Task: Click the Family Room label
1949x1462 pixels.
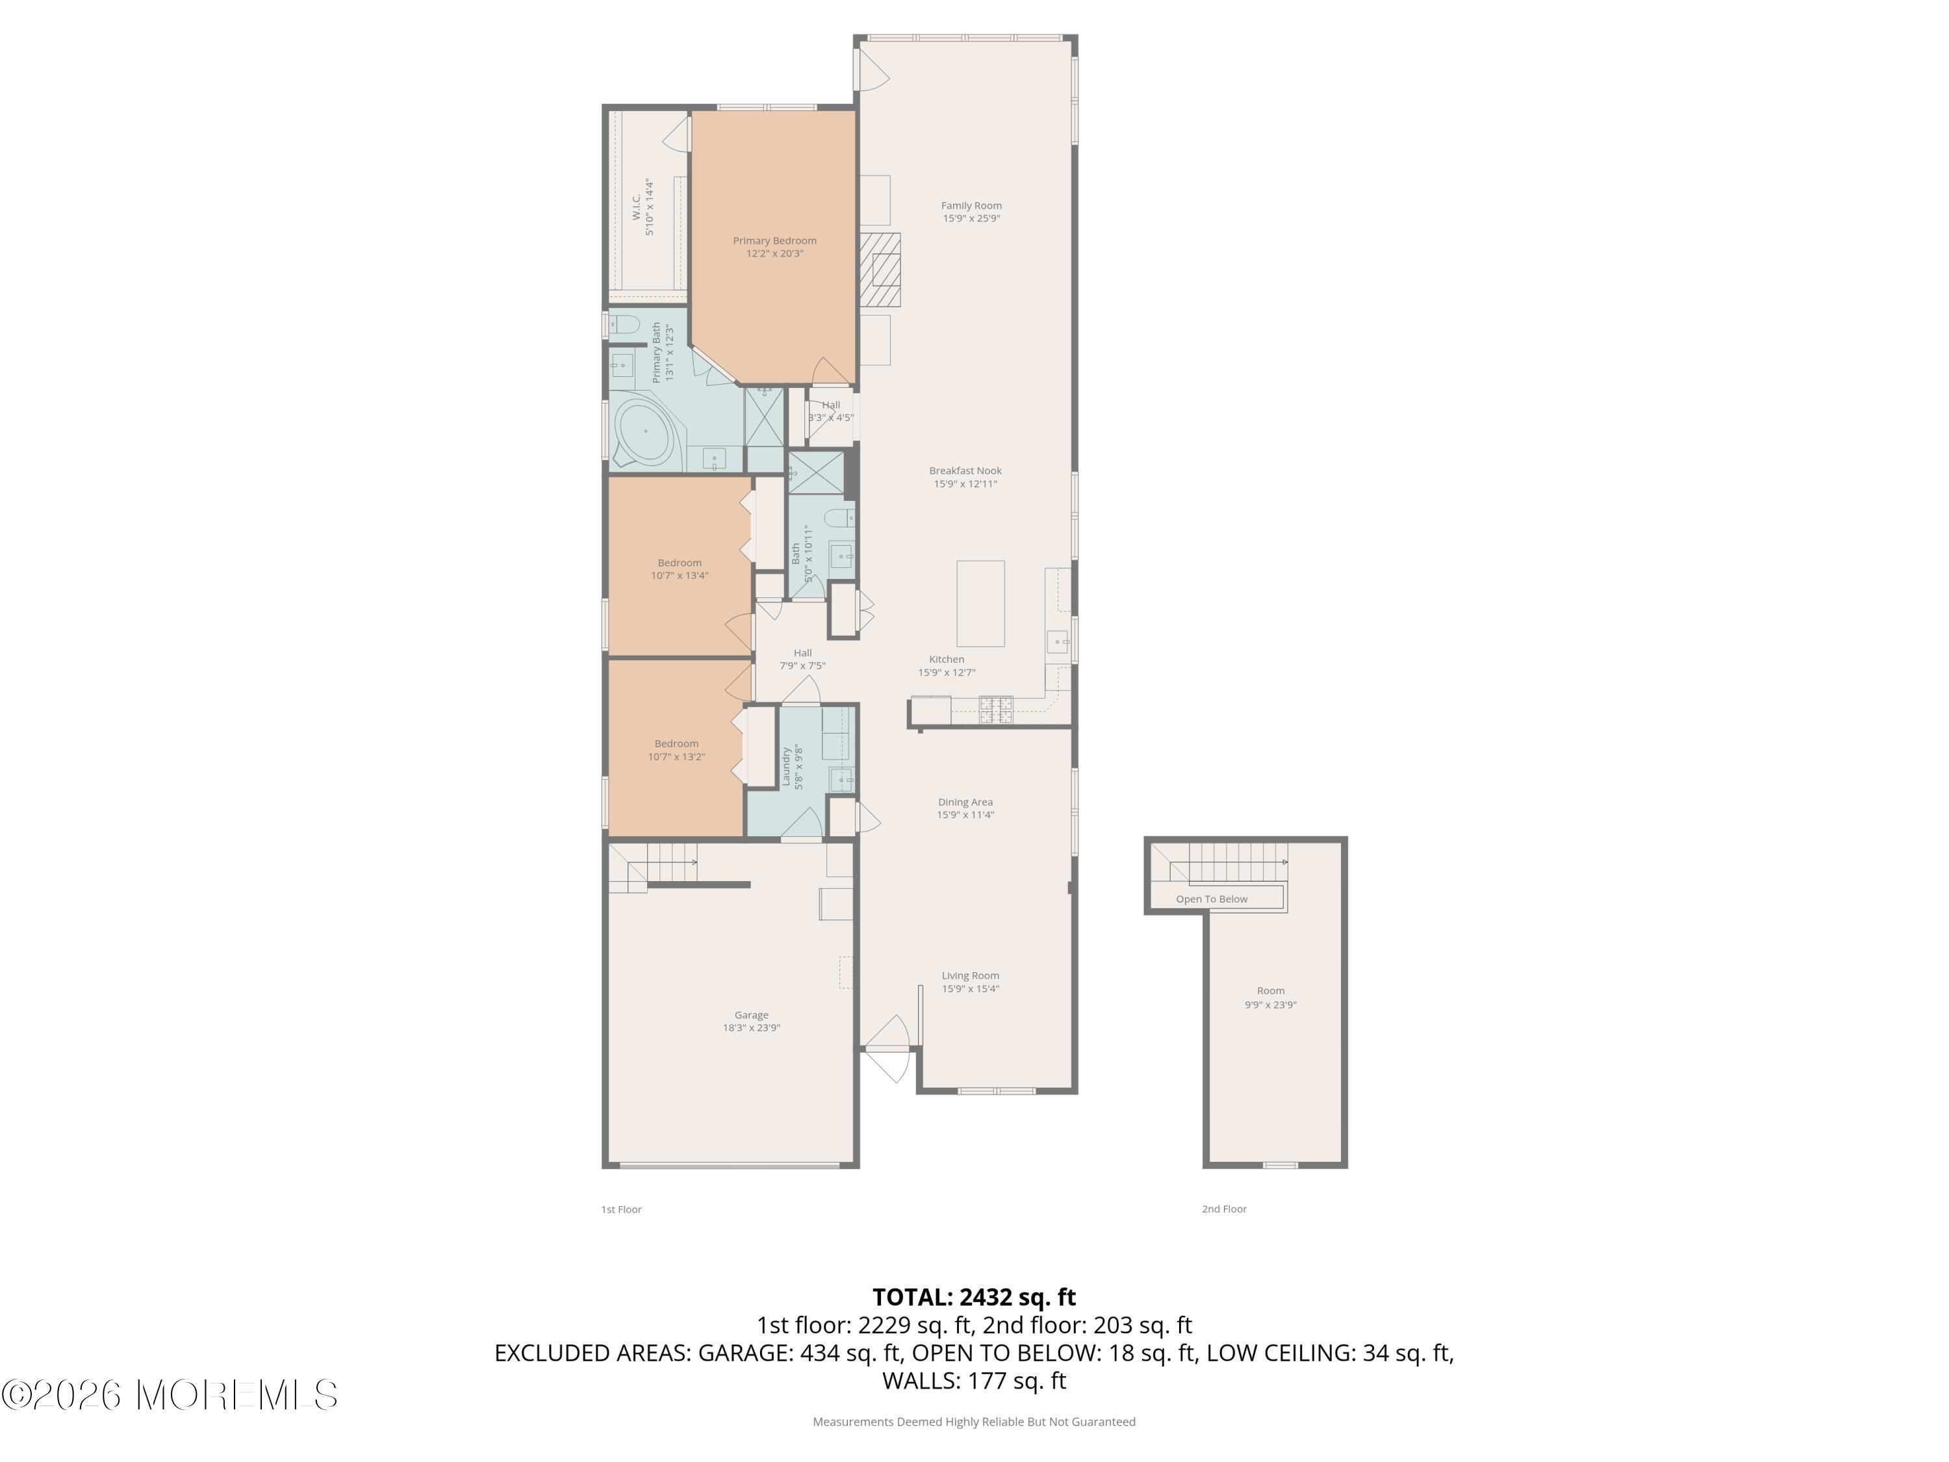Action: click(971, 211)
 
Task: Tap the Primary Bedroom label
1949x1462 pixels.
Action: click(774, 247)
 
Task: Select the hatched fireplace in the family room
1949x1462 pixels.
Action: click(880, 270)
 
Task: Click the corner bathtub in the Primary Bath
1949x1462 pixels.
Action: click(643, 432)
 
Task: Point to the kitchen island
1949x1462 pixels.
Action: click(980, 604)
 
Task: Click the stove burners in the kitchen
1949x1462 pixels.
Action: click(996, 710)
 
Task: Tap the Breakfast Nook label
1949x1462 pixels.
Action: click(965, 477)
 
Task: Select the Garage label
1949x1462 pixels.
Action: click(752, 1021)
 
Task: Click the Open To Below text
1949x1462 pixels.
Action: click(1212, 899)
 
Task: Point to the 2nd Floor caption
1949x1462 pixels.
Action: click(1224, 1209)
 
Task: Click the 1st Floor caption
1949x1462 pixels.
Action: click(621, 1209)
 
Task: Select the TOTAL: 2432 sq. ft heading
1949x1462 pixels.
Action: click(974, 1297)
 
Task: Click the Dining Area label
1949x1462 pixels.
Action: click(965, 808)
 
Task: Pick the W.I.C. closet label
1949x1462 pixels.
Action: click(643, 207)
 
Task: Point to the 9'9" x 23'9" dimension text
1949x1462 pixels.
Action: click(1271, 1005)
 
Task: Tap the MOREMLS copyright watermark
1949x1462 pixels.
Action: click(169, 1395)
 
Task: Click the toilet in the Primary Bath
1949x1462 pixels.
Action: click(625, 324)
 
